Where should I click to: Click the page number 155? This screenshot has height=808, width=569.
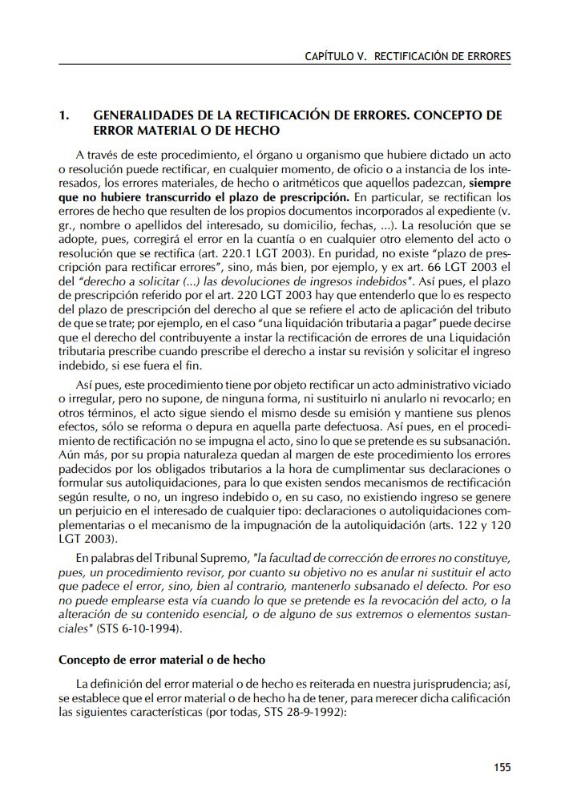(502, 767)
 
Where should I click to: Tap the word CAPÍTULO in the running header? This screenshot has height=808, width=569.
(329, 57)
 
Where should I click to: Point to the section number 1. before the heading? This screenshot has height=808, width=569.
(66, 115)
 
